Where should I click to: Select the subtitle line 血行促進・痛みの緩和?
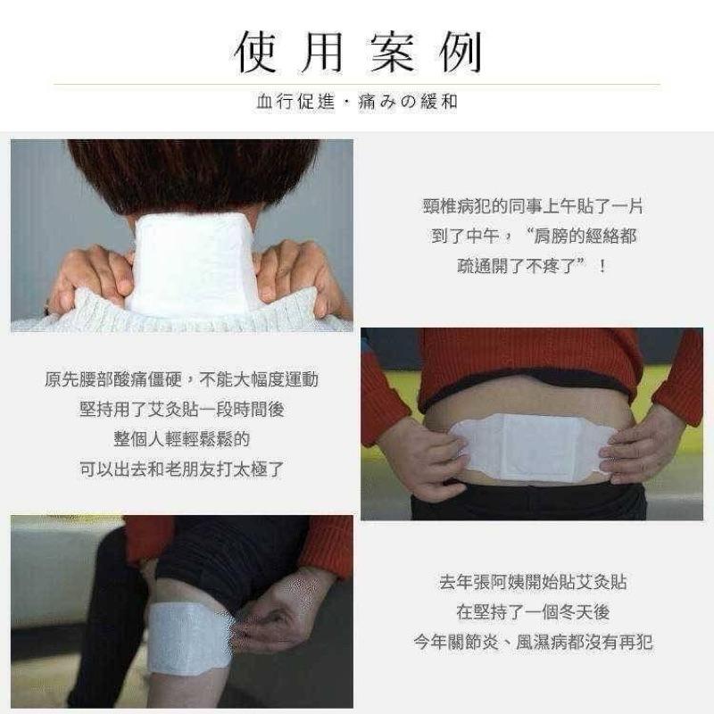point(357,102)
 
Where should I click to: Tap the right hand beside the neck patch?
point(295,272)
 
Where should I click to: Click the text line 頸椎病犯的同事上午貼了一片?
point(533,206)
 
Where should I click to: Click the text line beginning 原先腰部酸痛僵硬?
point(181,379)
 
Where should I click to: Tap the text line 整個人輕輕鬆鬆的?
point(181,439)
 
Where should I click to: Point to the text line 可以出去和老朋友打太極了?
point(181,469)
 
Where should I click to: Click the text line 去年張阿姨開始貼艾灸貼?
point(533,582)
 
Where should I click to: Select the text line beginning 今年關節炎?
point(533,641)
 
